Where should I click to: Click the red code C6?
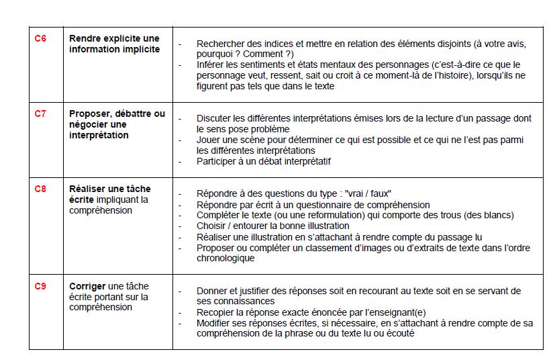pyautogui.click(x=40, y=38)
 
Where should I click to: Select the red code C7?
pyautogui.click(x=40, y=114)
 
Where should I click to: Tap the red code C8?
pyautogui.click(x=40, y=189)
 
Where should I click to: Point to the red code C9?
pyautogui.click(x=40, y=286)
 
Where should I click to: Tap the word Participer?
pyautogui.click(x=217, y=161)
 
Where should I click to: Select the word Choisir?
pyautogui.click(x=212, y=226)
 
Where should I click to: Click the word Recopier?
pyautogui.click(x=216, y=312)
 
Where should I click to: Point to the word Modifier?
pyautogui.click(x=214, y=323)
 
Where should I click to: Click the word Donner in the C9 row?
pyautogui.click(x=213, y=291)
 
